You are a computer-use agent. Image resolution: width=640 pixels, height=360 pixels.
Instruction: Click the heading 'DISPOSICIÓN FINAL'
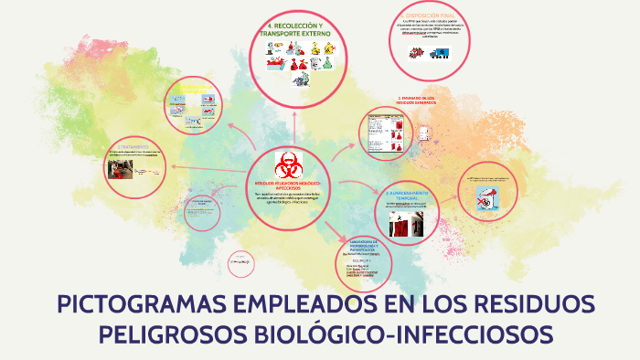pos(436,16)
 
